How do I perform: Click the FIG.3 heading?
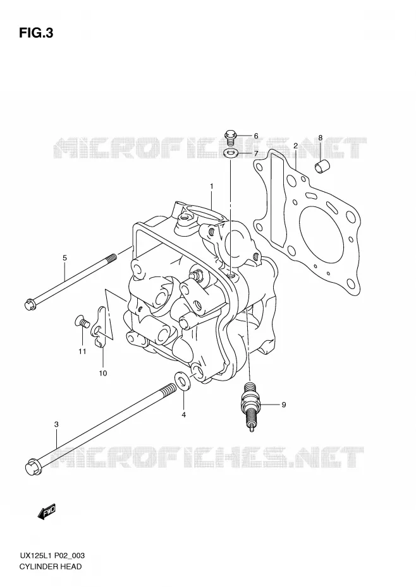coord(36,33)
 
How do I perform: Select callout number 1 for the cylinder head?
coord(212,186)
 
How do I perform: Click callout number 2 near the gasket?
coord(296,146)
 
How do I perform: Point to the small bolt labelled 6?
coord(230,137)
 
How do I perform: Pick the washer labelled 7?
coord(229,153)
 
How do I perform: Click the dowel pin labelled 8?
coord(321,165)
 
